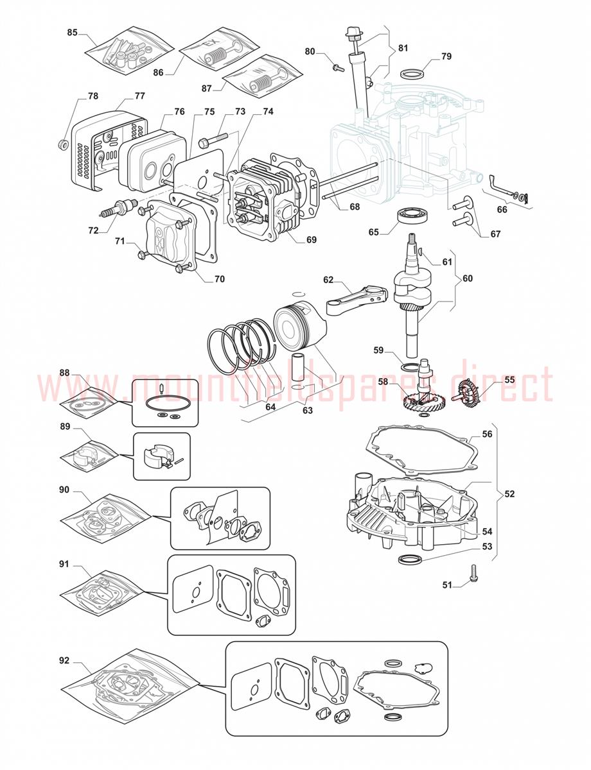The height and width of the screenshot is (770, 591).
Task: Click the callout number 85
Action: [72, 32]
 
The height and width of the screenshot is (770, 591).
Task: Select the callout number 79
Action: [446, 56]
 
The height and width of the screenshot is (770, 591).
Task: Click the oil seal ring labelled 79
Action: [412, 74]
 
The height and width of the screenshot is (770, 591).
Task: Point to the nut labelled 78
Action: [64, 144]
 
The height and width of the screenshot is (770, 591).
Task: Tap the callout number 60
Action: [468, 278]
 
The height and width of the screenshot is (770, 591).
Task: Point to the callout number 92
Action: [64, 660]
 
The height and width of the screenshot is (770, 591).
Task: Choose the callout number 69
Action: [311, 239]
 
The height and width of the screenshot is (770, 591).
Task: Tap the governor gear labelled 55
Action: [468, 393]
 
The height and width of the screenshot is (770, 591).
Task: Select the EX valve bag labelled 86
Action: [220, 51]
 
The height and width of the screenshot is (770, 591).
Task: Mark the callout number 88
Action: [65, 372]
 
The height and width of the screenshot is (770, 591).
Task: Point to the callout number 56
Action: [487, 433]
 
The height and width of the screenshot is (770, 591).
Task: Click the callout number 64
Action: [270, 406]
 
